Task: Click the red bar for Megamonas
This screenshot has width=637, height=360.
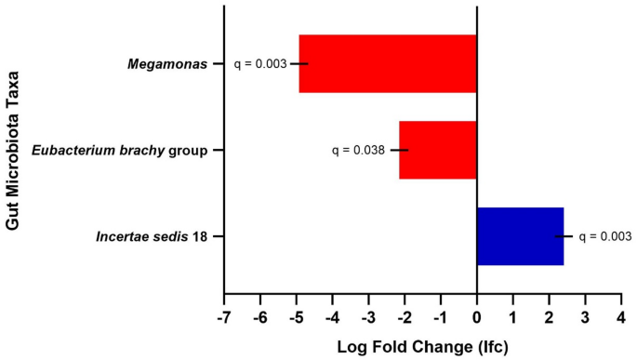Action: click(x=387, y=64)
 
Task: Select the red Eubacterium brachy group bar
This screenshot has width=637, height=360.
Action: click(x=437, y=150)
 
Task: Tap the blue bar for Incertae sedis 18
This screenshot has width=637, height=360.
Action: click(x=520, y=236)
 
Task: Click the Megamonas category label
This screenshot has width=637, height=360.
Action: click(x=167, y=64)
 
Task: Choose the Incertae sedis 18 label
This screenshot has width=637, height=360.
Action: click(x=152, y=236)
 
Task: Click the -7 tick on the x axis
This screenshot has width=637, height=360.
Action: click(x=223, y=316)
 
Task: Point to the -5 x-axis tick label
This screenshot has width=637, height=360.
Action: click(x=296, y=316)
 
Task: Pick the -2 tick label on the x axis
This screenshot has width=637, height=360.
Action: click(x=404, y=316)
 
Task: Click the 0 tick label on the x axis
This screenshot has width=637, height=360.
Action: click(x=477, y=316)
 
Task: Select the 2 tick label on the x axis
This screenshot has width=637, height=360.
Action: click(x=549, y=316)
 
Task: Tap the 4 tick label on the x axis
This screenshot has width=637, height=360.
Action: click(x=621, y=316)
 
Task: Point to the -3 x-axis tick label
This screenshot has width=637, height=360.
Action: click(x=367, y=316)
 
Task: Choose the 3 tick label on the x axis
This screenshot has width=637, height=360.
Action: click(x=585, y=316)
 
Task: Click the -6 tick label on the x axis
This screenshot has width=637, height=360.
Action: click(x=259, y=316)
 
